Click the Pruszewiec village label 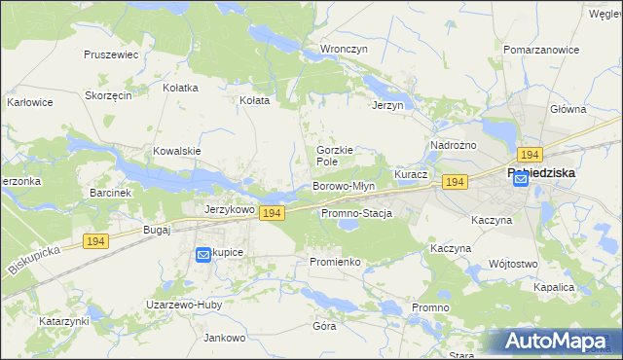[111, 55]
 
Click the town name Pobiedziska [541, 172]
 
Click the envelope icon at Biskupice [203, 254]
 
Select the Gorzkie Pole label [333, 156]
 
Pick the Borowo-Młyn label [344, 185]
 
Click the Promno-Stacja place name [355, 213]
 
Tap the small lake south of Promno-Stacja [348, 228]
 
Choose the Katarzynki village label [64, 320]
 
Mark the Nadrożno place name [453, 145]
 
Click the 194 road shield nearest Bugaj [95, 240]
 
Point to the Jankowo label [224, 338]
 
